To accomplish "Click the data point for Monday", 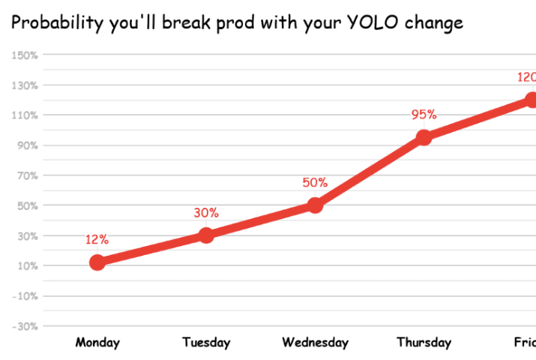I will tap(97, 262).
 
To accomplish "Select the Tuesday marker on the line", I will tap(206, 235).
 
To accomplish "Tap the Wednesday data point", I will tap(315, 205).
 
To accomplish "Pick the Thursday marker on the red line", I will tap(424, 137).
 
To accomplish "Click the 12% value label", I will tap(97, 240).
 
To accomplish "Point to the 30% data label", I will tap(206, 213).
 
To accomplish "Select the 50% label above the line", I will tap(315, 182).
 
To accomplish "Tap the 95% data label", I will tap(424, 115).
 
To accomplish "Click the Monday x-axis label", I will tap(97, 343).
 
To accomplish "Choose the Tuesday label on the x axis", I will tap(206, 343).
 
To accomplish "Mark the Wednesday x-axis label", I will tap(315, 343).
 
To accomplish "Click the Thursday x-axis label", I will tap(424, 343).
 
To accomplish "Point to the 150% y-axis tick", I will tap(25, 55).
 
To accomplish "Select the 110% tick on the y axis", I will tap(25, 115).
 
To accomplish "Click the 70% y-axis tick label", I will tap(28, 175).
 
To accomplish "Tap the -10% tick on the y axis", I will tap(25, 295).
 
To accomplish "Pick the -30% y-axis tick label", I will tap(25, 325).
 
